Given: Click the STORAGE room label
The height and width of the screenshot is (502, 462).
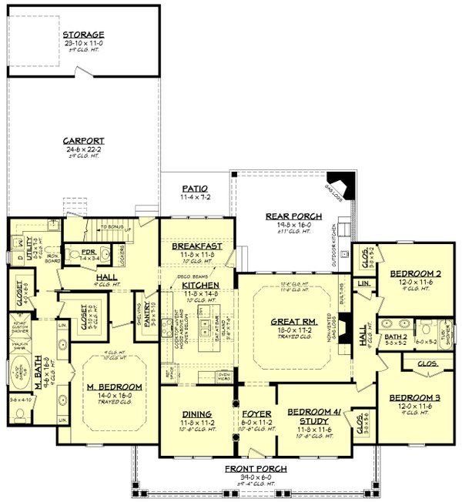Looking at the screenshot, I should click(x=84, y=35).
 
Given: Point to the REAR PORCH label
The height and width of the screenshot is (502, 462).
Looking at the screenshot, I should click(x=287, y=216).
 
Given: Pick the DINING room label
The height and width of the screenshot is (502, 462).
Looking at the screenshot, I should click(x=196, y=413).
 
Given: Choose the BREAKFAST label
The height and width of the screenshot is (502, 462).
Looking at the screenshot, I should click(x=196, y=246).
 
